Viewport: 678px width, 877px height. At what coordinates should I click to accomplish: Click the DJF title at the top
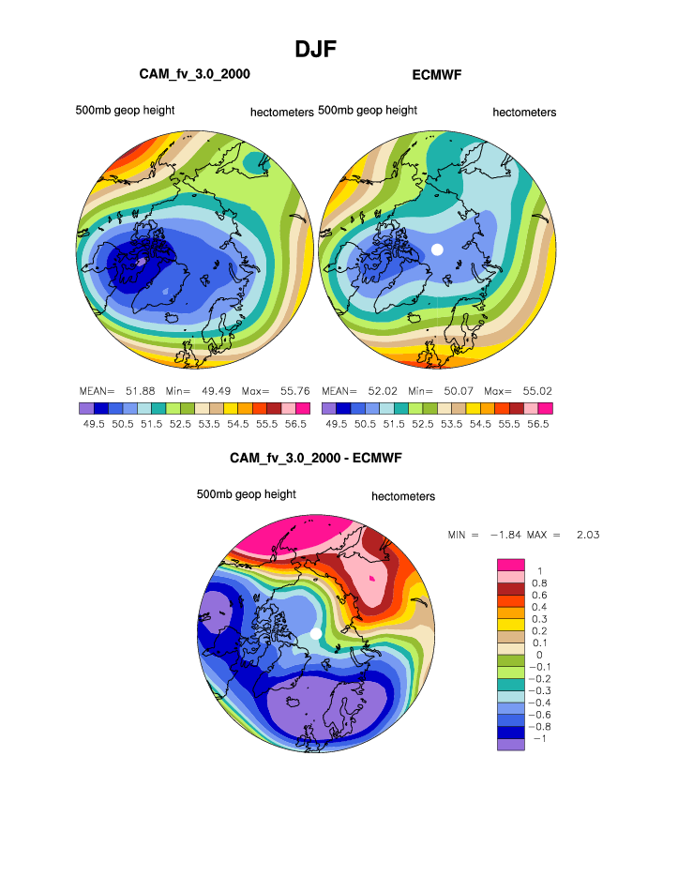click(316, 48)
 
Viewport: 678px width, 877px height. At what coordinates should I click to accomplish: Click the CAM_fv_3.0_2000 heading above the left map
click(194, 73)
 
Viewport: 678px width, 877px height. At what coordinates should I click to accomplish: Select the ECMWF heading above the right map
click(437, 73)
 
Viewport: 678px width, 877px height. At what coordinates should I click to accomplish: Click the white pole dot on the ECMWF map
click(436, 249)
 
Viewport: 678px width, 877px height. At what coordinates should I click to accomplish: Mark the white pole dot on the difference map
click(316, 635)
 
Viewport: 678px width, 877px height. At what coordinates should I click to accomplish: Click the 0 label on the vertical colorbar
click(539, 655)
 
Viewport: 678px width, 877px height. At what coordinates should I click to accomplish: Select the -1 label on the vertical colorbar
click(538, 739)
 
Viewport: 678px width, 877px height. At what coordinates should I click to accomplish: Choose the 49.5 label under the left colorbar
click(94, 424)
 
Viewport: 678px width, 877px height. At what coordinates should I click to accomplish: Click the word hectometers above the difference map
click(403, 496)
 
